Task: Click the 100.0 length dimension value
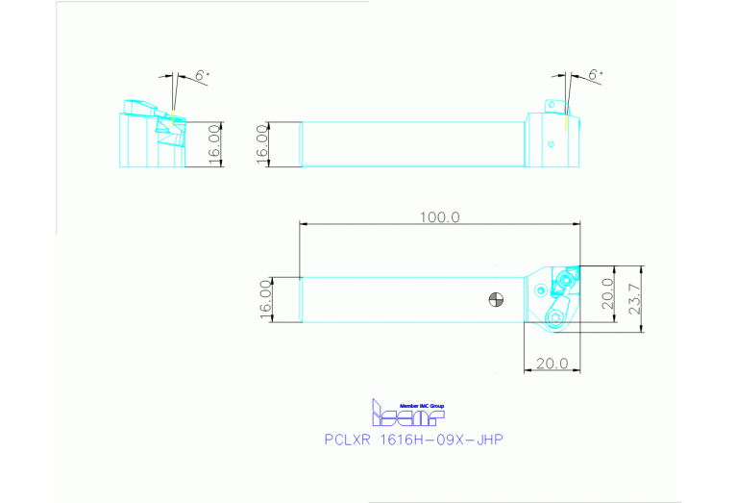click(x=439, y=217)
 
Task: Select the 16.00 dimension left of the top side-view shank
click(x=262, y=144)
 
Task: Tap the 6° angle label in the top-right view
click(x=597, y=75)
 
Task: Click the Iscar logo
click(x=407, y=415)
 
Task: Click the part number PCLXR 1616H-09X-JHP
click(x=414, y=440)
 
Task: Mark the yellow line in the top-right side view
click(x=566, y=121)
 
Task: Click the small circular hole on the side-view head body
click(x=551, y=144)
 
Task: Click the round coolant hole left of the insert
click(x=543, y=289)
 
